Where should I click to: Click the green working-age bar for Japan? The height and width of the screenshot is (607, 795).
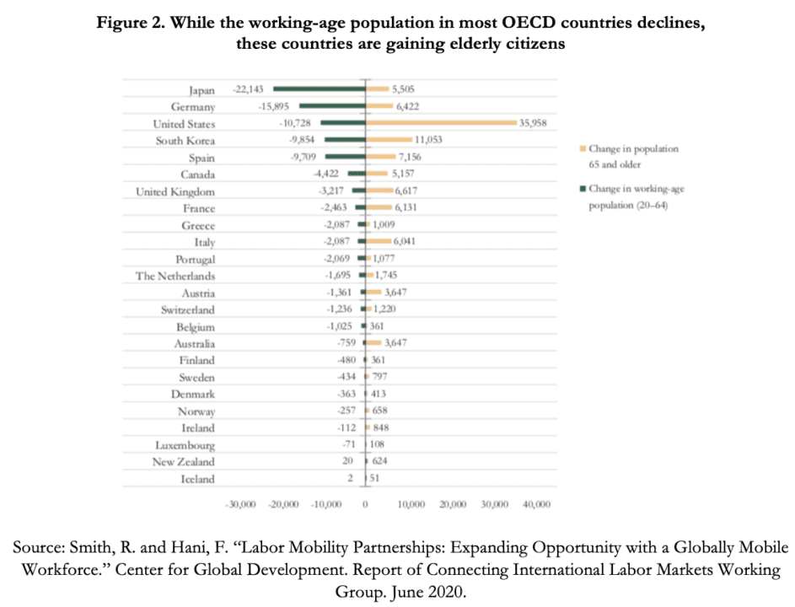(x=319, y=89)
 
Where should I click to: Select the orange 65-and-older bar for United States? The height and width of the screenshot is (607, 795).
(x=440, y=123)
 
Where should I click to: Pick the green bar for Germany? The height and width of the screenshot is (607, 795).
(x=332, y=106)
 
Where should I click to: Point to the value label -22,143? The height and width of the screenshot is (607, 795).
(x=250, y=89)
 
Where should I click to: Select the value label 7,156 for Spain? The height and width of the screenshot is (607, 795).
(x=413, y=158)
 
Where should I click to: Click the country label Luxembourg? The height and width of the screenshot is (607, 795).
(x=185, y=445)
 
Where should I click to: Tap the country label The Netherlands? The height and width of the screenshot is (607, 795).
(x=175, y=276)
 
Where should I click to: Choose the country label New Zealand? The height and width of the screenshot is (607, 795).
(x=183, y=462)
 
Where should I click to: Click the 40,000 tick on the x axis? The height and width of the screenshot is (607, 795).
(x=536, y=504)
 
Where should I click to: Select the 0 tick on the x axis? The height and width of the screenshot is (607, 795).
(x=365, y=504)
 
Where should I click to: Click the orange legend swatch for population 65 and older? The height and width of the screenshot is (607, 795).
(x=583, y=149)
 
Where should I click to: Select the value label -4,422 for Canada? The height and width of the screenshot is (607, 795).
(x=327, y=175)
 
